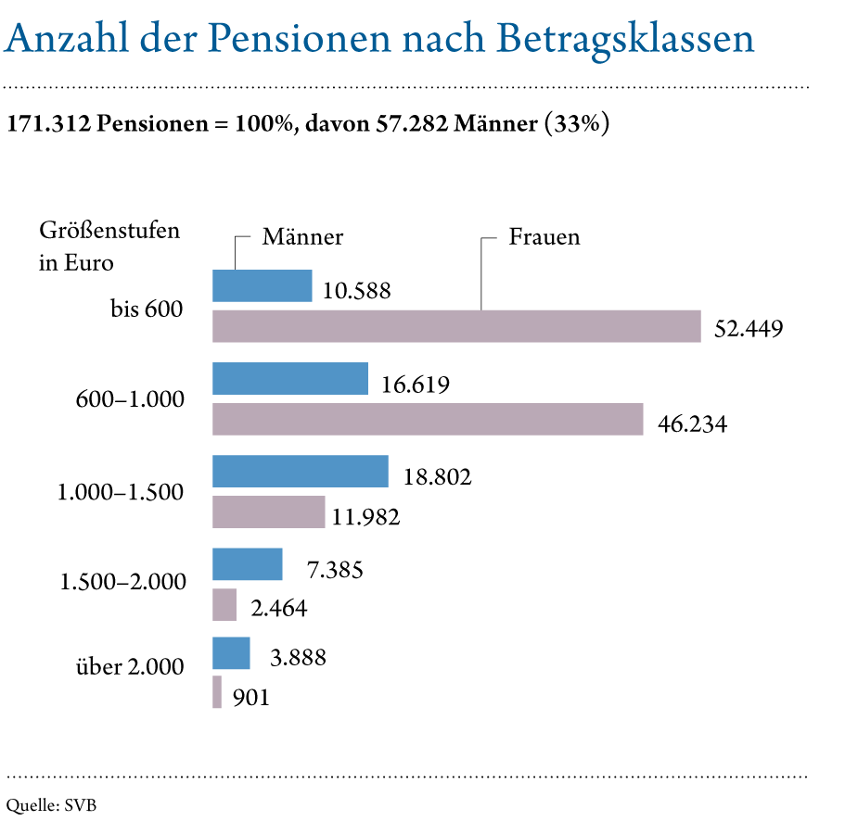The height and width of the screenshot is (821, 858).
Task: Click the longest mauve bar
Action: pyautogui.click(x=456, y=326)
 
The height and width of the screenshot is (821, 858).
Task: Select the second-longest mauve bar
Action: pyautogui.click(x=428, y=419)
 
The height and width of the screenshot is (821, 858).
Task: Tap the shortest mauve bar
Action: pyautogui.click(x=217, y=692)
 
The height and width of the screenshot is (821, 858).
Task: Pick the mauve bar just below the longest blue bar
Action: pyautogui.click(x=269, y=512)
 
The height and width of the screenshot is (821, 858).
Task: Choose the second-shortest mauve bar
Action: pyautogui.click(x=224, y=604)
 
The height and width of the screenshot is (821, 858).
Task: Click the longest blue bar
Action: pyautogui.click(x=301, y=471)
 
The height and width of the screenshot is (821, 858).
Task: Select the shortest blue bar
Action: pyautogui.click(x=231, y=653)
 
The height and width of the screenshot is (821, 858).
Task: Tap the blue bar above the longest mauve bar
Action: pyautogui.click(x=263, y=285)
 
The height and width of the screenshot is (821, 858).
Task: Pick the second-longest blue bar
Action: pyautogui.click(x=290, y=378)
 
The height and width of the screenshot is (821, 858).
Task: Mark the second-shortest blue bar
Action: pyautogui.click(x=248, y=563)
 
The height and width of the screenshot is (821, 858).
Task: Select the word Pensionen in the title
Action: pyautogui.click(x=284, y=38)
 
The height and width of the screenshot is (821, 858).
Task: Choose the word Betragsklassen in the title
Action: pyautogui.click(x=625, y=38)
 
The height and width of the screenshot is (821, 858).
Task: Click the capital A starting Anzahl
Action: pyautogui.click(x=17, y=38)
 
